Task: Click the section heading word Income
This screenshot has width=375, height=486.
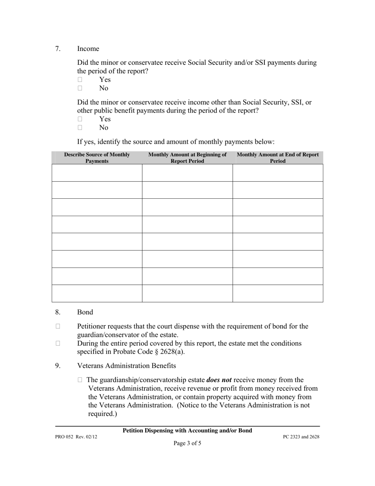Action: [88, 49]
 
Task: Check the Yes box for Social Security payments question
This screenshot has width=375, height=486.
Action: [80, 79]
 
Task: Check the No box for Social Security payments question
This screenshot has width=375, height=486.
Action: [80, 88]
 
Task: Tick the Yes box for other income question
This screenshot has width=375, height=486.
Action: [80, 119]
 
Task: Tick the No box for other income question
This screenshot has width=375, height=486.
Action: [80, 128]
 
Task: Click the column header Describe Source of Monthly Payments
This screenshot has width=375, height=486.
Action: [97, 158]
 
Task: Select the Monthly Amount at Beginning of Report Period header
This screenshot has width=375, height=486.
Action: [187, 158]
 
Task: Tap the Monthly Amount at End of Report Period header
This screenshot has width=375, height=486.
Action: [277, 158]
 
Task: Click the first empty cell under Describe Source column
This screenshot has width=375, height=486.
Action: [97, 173]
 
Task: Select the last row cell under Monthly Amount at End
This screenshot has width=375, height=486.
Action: [277, 293]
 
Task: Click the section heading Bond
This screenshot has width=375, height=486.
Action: [85, 312]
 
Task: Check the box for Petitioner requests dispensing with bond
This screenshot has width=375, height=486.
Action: [58, 326]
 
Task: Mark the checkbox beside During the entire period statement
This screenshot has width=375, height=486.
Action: [58, 343]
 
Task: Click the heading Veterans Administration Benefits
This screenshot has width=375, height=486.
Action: [126, 365]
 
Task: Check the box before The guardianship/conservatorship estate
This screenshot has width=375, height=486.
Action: [80, 380]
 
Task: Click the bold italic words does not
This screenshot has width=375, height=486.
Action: [219, 380]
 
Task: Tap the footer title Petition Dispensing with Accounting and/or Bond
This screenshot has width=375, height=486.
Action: [187, 431]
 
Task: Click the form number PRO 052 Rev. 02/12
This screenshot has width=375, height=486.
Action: [76, 437]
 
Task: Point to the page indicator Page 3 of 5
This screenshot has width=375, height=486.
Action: [187, 443]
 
